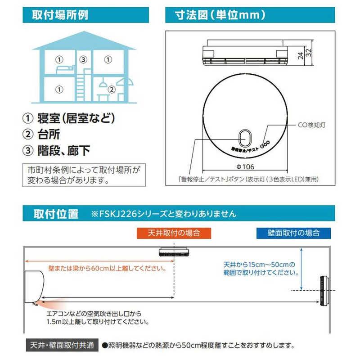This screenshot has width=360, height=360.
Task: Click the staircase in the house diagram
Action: click(x=82, y=83)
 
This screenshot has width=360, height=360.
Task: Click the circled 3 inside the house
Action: click(x=82, y=58)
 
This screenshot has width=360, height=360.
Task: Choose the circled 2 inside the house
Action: click(x=108, y=90)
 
